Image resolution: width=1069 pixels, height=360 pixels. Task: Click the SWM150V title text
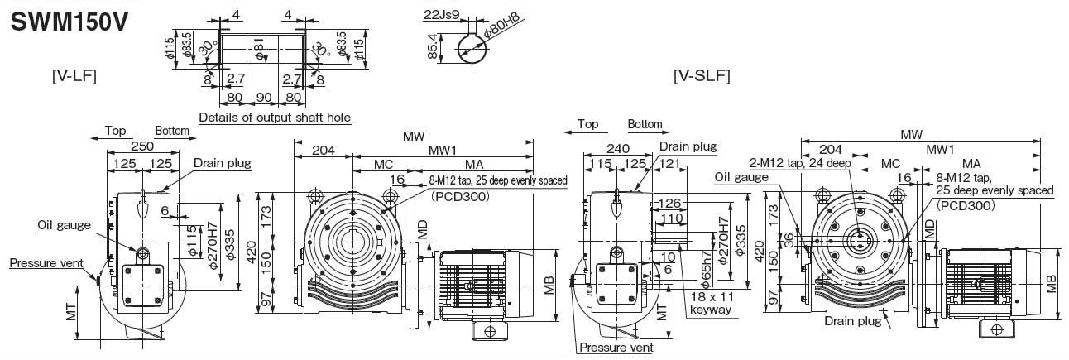click(69, 22)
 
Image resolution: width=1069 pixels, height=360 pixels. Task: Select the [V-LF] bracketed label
click(74, 76)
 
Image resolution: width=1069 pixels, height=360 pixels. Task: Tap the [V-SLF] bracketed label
click(702, 76)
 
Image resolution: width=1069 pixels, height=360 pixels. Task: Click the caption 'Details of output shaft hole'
click(275, 118)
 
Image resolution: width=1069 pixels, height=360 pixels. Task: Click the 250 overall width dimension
click(142, 146)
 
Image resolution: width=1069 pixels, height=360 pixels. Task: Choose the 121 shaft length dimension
click(669, 165)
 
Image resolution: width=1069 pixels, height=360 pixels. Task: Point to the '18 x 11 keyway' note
click(711, 303)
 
